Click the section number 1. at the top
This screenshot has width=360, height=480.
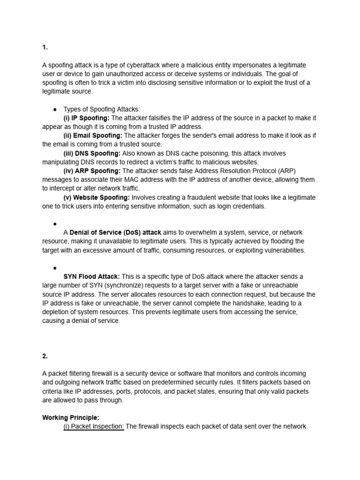point(45,47)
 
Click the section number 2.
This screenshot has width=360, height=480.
point(45,356)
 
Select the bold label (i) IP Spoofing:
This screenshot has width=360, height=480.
point(86,118)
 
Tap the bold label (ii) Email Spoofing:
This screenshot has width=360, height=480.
point(92,135)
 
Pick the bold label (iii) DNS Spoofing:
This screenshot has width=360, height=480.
point(92,153)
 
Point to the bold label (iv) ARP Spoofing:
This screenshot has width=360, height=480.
point(92,171)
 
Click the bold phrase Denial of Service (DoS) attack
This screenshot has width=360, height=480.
point(115,232)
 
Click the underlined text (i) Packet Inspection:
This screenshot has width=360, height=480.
point(94,426)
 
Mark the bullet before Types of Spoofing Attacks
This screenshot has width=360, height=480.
point(55,109)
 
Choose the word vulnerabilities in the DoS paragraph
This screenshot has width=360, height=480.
point(281,250)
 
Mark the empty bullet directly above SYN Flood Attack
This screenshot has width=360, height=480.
point(55,268)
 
